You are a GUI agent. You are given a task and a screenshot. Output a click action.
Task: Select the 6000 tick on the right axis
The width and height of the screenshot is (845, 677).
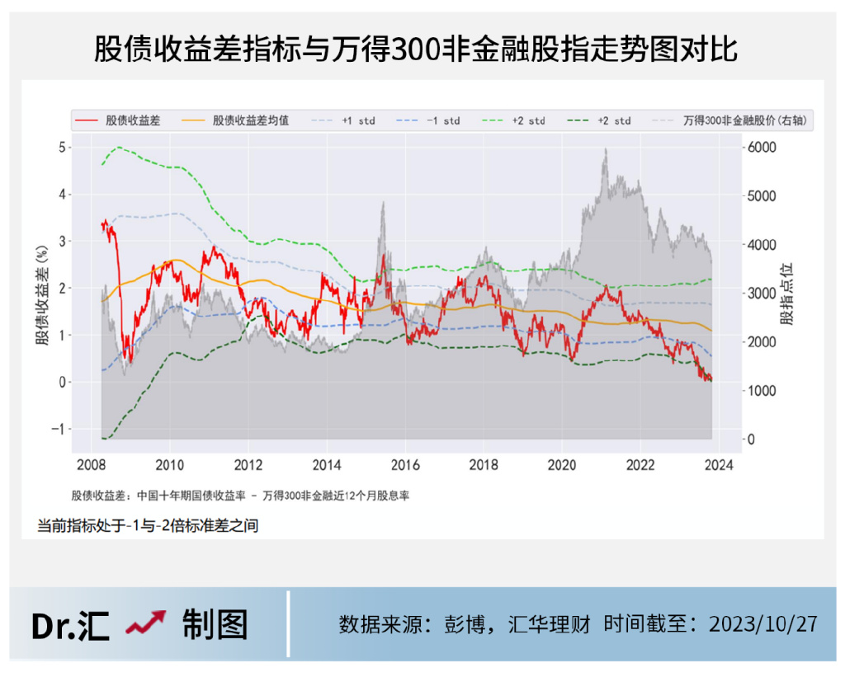pyautogui.click(x=762, y=147)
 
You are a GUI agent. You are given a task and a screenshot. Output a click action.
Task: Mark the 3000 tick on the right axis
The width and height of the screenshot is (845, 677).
pyautogui.click(x=762, y=294)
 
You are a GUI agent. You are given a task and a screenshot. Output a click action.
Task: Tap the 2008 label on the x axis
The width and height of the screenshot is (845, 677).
pyautogui.click(x=91, y=464)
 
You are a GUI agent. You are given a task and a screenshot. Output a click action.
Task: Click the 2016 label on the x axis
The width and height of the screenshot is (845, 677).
pyautogui.click(x=404, y=464)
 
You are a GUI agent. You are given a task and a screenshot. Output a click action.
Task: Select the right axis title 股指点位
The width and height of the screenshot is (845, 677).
pyautogui.click(x=786, y=293)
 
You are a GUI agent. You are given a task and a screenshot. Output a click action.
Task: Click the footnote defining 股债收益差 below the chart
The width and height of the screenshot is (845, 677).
pyautogui.click(x=241, y=496)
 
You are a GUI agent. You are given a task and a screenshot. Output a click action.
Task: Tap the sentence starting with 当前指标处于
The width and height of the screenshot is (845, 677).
pyautogui.click(x=148, y=525)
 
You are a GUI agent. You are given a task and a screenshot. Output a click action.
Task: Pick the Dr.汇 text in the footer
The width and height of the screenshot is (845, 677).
pyautogui.click(x=70, y=625)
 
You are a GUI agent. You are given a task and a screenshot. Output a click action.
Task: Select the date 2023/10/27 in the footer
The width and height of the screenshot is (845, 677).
pyautogui.click(x=763, y=623)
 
